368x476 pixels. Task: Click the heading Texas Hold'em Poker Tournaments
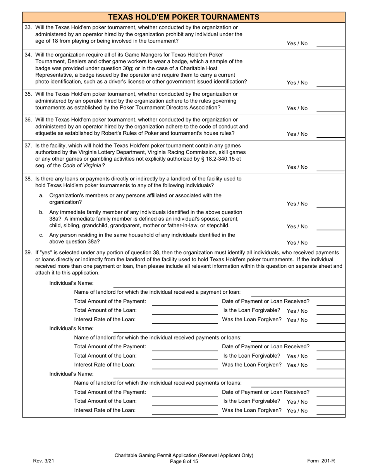click(x=184, y=17)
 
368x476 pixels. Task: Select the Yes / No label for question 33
click(x=297, y=44)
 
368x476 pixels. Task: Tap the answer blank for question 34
click(x=330, y=82)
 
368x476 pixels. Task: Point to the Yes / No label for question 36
click(x=297, y=134)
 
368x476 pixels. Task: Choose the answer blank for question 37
click(x=330, y=167)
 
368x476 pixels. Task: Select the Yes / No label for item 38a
click(x=297, y=204)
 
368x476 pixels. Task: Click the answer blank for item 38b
click(x=330, y=226)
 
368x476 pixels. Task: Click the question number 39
click(x=28, y=253)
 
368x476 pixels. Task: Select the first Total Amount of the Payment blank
click(x=185, y=302)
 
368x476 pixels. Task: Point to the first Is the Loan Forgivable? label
click(x=252, y=310)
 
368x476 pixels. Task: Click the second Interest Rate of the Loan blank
click(x=185, y=365)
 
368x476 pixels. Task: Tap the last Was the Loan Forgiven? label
click(x=252, y=410)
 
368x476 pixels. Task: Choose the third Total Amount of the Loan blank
click(x=185, y=402)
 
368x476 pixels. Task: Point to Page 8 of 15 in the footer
click(x=184, y=461)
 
